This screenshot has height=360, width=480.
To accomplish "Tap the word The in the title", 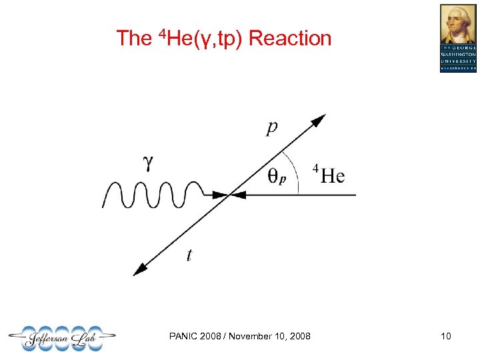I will [x=134, y=39].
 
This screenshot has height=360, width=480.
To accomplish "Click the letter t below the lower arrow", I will [x=189, y=254].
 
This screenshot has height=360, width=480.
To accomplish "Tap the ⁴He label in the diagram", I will [x=329, y=175].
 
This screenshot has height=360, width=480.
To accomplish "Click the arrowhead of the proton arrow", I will [x=319, y=120].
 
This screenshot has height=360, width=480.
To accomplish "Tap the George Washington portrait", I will [x=458, y=24].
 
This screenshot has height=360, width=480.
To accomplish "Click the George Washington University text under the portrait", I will [x=458, y=58].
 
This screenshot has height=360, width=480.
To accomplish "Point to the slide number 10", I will [x=445, y=336].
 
